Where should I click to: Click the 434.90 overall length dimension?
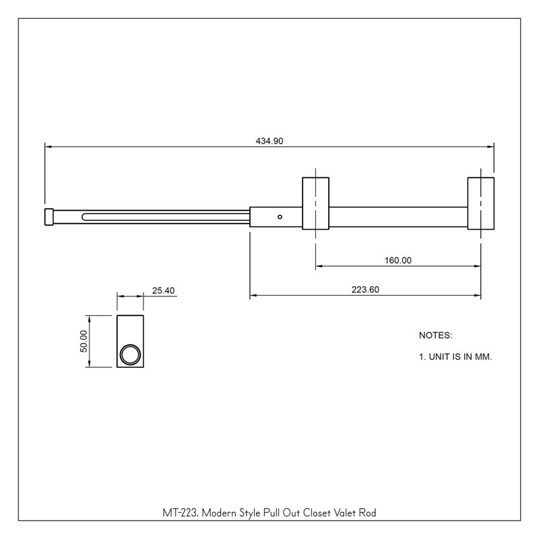click(269, 141)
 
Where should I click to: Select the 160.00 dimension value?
click(398, 260)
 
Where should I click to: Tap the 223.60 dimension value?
click(365, 290)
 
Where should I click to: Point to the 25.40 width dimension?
click(163, 290)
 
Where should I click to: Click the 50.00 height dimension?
click(84, 341)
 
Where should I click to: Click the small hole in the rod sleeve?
click(280, 217)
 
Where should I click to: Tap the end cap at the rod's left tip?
click(49, 217)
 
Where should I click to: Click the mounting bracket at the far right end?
click(481, 203)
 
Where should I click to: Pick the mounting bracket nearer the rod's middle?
click(315, 203)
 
